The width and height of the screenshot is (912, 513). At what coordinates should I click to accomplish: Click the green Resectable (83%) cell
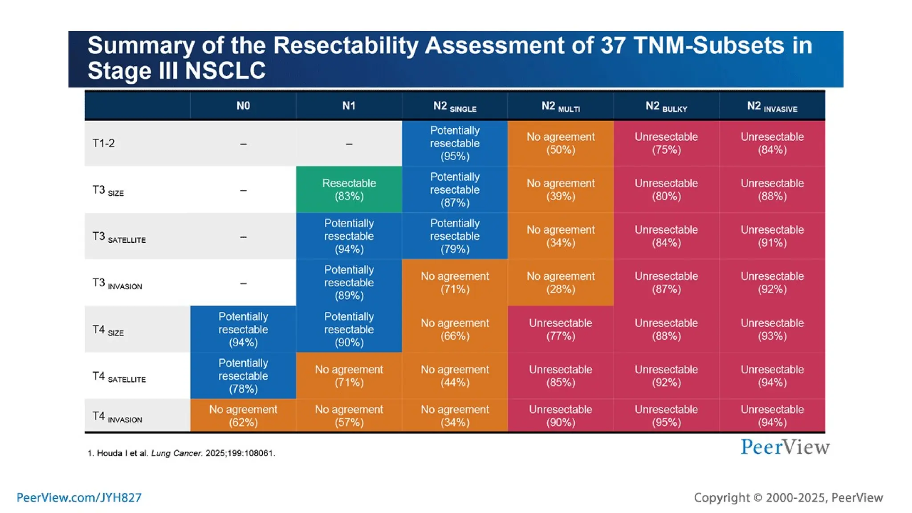349,190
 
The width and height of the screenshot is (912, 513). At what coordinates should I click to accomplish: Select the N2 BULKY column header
666,106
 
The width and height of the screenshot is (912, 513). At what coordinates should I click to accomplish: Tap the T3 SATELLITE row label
119,237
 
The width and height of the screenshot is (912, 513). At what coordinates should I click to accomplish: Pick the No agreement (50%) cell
560,143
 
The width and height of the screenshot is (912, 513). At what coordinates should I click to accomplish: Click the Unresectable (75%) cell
666,143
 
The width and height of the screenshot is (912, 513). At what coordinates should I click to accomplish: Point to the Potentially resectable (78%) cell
243,376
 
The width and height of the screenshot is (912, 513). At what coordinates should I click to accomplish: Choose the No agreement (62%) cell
243,415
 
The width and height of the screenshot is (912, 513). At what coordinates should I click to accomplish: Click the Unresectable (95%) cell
666,415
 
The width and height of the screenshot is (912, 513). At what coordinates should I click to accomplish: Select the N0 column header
243,106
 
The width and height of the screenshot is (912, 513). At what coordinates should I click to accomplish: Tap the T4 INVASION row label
117,417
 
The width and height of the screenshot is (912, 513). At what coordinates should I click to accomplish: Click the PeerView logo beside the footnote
785,447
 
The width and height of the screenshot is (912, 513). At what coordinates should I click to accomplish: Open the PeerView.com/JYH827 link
79,497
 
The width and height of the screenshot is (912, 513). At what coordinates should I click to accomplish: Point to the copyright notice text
788,497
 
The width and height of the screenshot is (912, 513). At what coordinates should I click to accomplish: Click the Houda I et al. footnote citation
181,453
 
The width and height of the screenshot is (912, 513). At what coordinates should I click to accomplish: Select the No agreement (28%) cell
560,283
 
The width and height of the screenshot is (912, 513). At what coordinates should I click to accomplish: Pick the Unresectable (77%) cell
560,330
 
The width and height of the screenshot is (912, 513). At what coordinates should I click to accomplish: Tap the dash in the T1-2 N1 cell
349,144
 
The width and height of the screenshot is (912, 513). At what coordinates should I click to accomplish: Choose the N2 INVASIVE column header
772,106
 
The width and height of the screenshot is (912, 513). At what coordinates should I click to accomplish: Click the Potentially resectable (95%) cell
455,143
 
